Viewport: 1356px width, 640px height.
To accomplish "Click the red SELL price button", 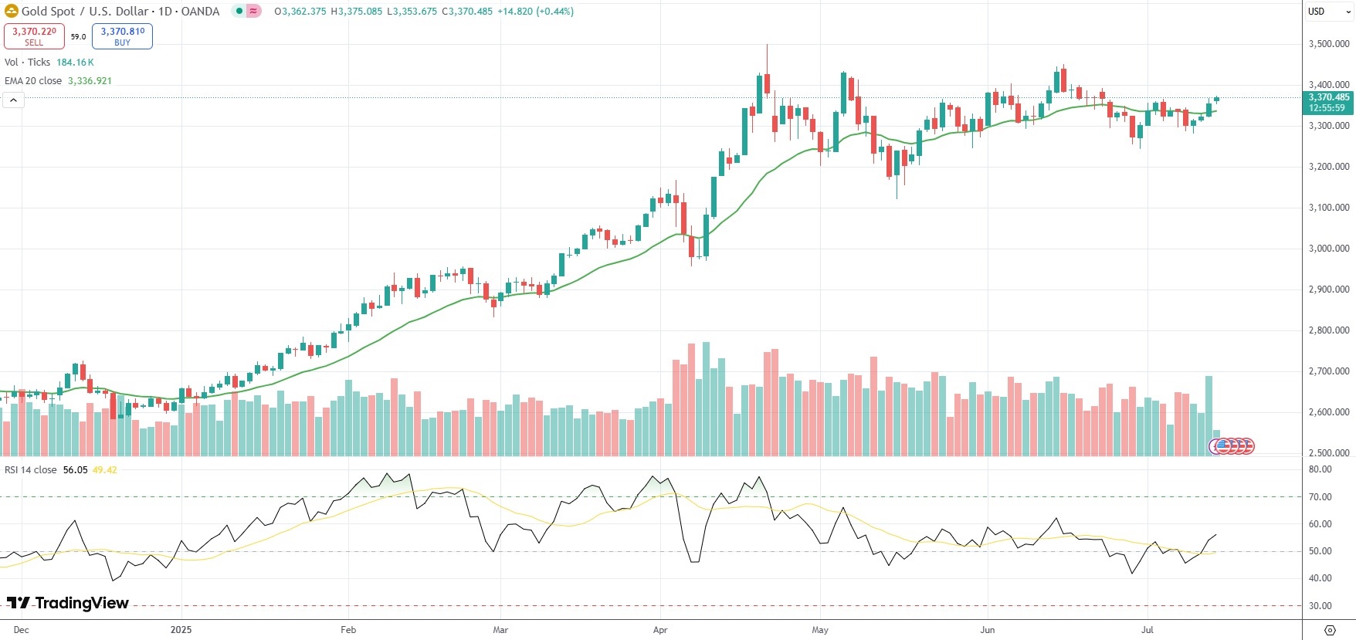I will coord(34,36).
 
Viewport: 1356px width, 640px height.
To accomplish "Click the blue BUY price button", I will coord(122,36).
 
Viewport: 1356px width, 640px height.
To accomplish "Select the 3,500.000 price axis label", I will coord(1328,44).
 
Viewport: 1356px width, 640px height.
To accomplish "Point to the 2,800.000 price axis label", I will coord(1328,330).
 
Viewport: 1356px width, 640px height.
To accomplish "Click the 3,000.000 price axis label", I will coord(1328,249).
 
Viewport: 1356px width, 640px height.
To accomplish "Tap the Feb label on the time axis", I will coord(348,630).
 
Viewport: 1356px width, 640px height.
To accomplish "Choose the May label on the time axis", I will coord(820,630).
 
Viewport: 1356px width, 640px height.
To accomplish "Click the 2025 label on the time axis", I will coord(181,630).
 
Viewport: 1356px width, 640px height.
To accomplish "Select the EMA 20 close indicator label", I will coord(33,80).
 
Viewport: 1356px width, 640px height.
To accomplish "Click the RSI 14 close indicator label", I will coord(31,469).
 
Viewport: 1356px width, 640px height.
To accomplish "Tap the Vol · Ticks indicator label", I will coord(27,63).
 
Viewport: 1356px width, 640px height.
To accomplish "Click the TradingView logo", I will coord(68,603).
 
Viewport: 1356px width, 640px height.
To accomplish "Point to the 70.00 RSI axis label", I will coord(1320,497).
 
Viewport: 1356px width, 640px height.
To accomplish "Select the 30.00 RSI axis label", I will coord(1320,606).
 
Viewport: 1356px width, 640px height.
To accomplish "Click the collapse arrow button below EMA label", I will coord(13,100).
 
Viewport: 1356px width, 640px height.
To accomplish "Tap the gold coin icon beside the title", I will coord(11,11).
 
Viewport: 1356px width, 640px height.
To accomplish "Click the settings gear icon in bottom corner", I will coord(1330,630).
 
